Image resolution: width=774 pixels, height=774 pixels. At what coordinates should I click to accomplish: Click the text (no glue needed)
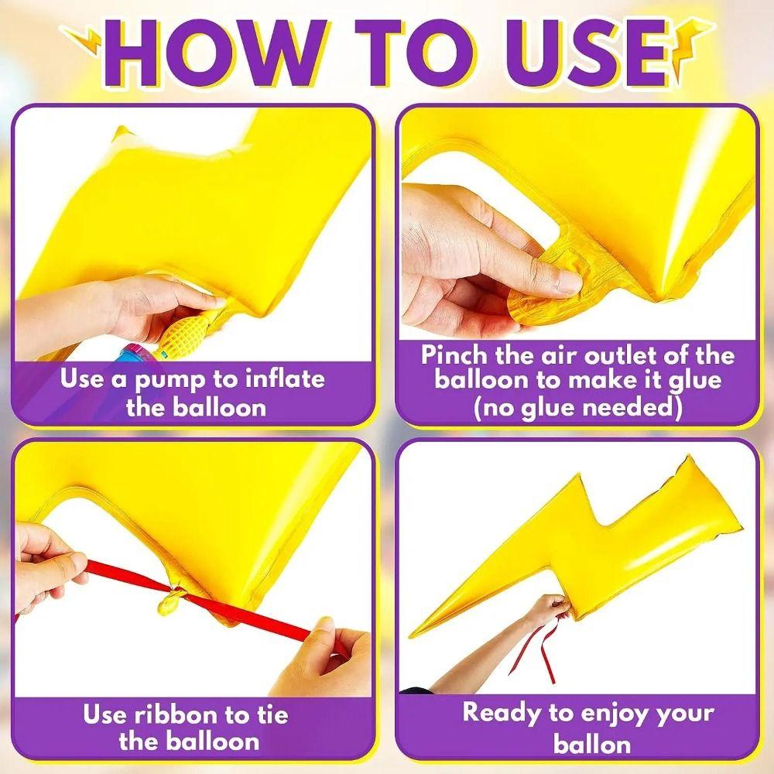pyautogui.click(x=577, y=408)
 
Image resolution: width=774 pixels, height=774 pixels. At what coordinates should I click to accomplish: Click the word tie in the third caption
pyautogui.click(x=271, y=714)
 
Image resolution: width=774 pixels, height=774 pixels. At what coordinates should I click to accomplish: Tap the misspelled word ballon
pyautogui.click(x=592, y=743)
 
